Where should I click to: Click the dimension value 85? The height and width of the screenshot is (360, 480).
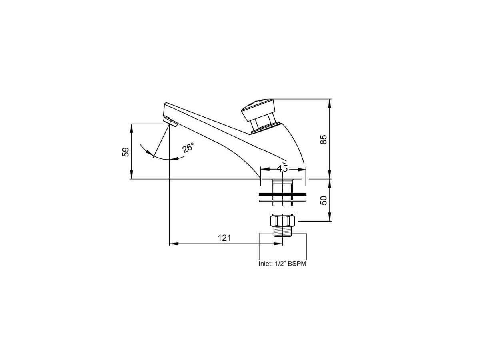pos(324,139)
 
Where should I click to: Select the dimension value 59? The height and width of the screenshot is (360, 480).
pos(126,152)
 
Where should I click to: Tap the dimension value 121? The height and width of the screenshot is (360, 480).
pos(224,238)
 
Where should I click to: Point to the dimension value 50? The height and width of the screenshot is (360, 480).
pos(324,200)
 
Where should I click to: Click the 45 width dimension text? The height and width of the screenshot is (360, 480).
pos(282,168)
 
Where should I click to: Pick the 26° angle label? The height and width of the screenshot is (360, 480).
pos(188,148)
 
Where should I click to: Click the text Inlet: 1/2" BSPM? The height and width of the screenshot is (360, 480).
pos(282,264)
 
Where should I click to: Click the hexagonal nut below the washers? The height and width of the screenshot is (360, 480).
pos(283,221)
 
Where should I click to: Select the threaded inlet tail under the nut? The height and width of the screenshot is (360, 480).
pos(283,232)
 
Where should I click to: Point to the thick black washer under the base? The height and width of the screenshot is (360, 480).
pos(283,194)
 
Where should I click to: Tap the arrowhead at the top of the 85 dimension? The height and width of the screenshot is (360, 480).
pos(330,102)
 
